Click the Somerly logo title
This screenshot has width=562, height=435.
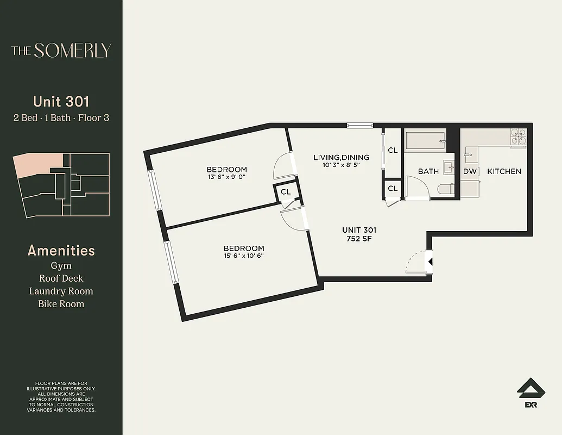click(61, 51)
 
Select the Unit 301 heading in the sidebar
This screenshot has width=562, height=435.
click(61, 101)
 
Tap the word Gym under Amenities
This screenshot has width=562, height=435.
click(61, 265)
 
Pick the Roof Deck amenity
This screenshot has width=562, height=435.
click(61, 278)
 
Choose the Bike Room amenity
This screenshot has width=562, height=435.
click(61, 304)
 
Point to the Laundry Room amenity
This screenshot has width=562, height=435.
click(61, 291)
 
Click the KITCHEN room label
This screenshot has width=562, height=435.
click(504, 171)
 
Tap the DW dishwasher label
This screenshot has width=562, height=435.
click(469, 171)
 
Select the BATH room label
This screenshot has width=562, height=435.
click(428, 171)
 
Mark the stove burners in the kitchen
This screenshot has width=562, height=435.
click(518, 136)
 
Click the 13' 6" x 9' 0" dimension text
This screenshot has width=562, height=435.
click(227, 177)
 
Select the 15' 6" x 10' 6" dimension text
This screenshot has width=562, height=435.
click(244, 256)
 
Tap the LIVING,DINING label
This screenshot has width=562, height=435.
click(341, 158)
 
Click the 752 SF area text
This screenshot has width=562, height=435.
click(359, 238)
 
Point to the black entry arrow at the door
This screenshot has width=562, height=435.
click(430, 262)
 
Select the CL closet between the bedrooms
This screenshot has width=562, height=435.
click(286, 192)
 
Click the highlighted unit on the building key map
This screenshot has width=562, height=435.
click(37, 164)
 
